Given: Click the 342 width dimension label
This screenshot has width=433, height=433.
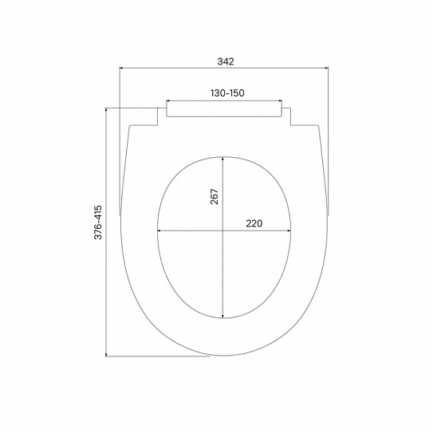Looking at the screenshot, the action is [226, 61].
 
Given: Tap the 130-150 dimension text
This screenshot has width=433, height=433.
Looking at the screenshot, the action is [227, 93].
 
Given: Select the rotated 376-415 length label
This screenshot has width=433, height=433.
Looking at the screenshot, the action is [98, 222].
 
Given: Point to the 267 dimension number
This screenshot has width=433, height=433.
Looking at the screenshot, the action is [215, 197].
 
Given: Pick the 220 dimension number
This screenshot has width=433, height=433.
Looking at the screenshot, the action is [254, 223].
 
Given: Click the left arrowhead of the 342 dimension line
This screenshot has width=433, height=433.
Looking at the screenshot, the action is [122, 67].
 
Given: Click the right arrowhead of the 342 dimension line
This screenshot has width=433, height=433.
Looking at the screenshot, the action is [326, 67].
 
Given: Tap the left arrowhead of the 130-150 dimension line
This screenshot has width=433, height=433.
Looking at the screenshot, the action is [168, 101].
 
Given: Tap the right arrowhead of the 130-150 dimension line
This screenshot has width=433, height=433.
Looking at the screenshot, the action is [279, 101].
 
